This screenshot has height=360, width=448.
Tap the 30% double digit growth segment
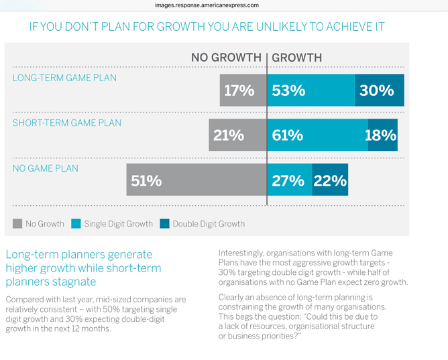coord(380,91)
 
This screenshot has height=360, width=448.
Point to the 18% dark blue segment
coord(382,135)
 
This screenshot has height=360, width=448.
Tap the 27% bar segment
coord(289,180)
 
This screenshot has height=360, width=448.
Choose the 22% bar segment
coord(330,180)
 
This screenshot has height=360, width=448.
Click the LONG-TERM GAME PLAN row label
coord(64,78)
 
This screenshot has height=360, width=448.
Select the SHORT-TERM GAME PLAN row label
coord(67,123)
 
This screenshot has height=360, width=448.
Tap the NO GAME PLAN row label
coord(46,168)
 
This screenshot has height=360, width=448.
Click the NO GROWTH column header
coord(226,58)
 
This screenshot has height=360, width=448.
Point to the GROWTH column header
coord(296,58)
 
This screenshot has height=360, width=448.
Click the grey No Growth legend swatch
coord(17,224)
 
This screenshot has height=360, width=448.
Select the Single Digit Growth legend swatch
coord(76,224)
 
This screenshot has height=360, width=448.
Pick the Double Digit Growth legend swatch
coord(165,224)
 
